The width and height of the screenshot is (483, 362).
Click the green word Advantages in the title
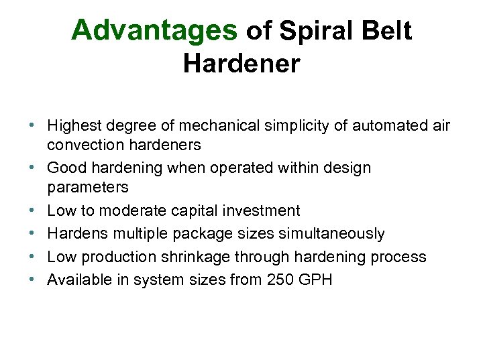click(x=154, y=31)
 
